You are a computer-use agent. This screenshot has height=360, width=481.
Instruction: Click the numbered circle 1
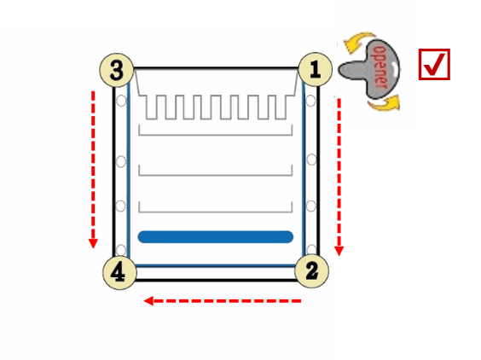click(315, 69)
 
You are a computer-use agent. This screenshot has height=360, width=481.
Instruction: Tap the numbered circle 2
click(311, 271)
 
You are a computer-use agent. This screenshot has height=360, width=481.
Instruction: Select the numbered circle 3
click(117, 70)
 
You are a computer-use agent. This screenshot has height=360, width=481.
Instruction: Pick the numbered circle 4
click(119, 272)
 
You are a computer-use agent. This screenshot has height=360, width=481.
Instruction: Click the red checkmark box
click(434, 65)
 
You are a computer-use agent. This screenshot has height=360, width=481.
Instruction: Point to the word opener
click(380, 67)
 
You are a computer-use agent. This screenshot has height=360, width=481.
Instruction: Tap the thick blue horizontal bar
click(216, 237)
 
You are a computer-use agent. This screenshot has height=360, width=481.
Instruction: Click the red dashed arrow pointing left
click(223, 301)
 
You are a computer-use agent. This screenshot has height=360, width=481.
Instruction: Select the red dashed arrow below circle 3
click(93, 170)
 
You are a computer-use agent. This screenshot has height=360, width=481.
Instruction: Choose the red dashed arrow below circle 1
click(339, 177)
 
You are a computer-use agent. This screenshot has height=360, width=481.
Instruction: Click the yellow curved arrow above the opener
click(357, 39)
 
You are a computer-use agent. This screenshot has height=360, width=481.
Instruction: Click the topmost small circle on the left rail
click(121, 101)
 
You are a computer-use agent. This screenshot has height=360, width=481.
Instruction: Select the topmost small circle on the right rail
click(310, 101)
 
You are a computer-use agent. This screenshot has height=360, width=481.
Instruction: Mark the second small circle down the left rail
click(121, 161)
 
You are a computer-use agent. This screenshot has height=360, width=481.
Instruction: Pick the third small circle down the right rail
click(310, 206)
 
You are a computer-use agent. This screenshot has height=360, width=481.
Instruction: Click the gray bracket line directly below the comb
click(216, 135)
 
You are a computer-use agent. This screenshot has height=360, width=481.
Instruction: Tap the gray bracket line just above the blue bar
click(216, 212)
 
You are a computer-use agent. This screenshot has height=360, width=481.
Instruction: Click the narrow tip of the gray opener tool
click(339, 70)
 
